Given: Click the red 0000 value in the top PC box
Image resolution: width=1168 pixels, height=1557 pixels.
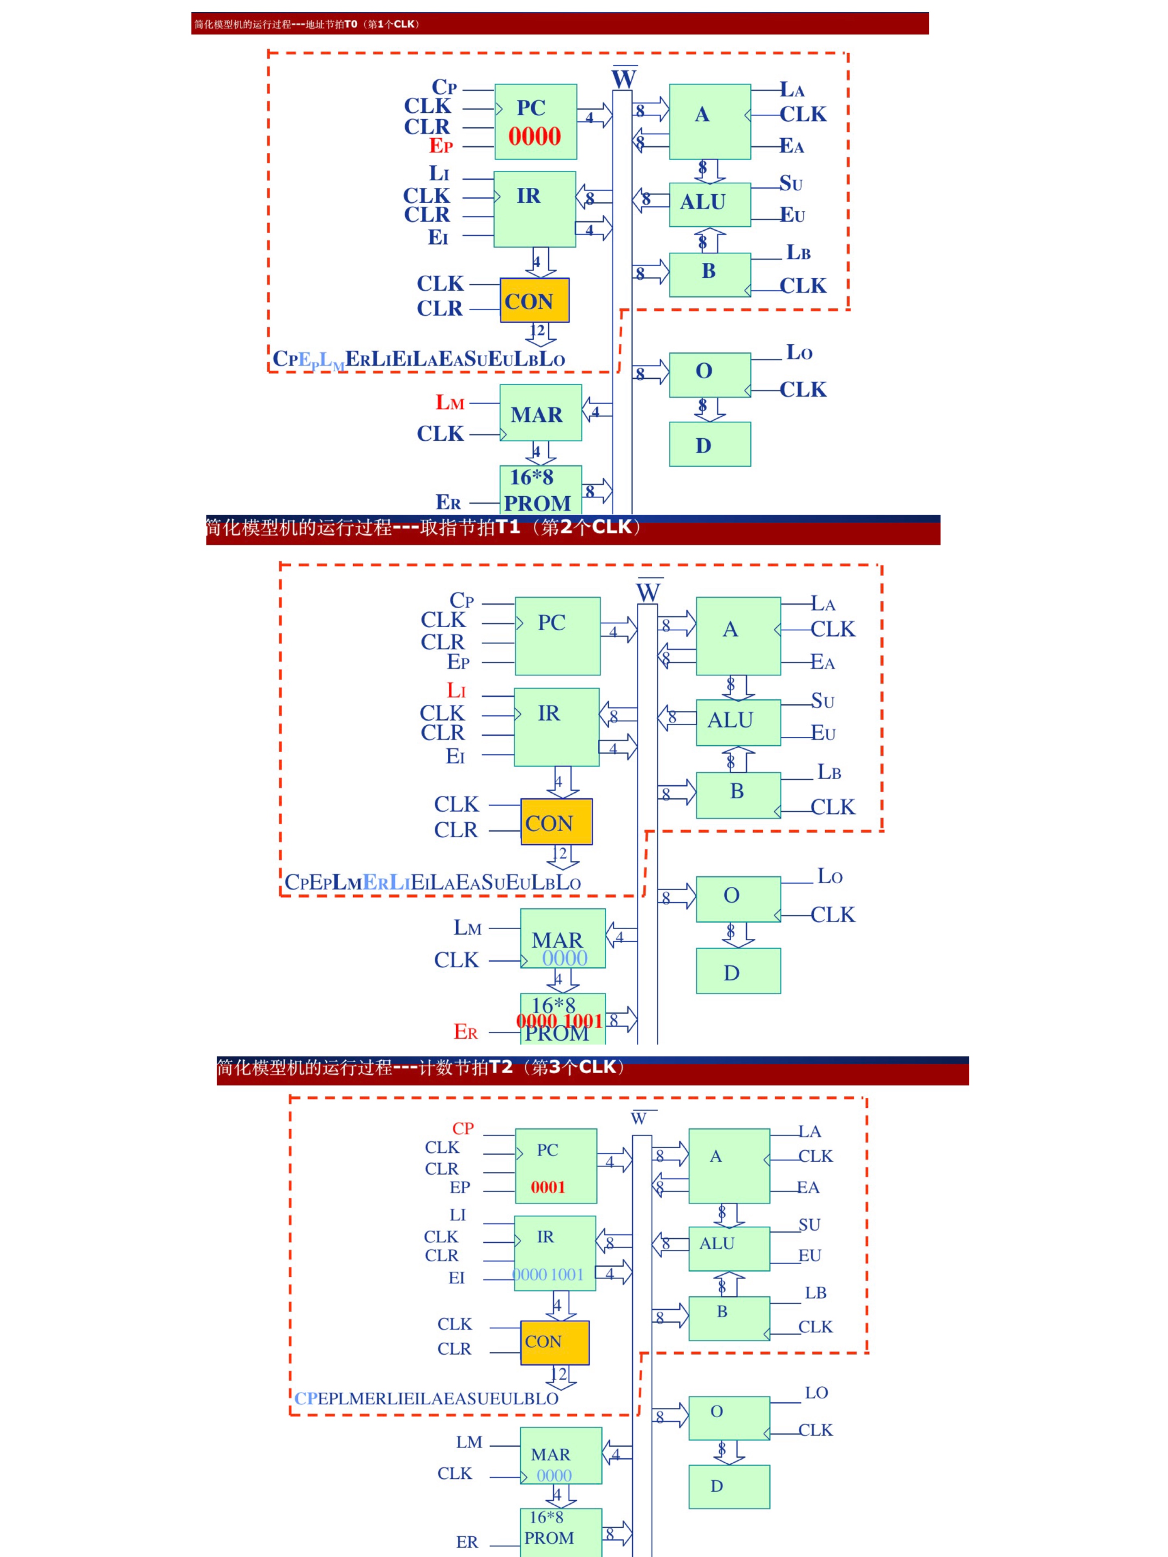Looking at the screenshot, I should tap(535, 137).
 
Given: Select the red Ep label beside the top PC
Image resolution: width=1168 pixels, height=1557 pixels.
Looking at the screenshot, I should tap(441, 146).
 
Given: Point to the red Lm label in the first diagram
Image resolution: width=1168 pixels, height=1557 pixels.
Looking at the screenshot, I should tap(449, 403).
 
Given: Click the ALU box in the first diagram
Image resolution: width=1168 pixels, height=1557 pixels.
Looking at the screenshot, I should tap(709, 204).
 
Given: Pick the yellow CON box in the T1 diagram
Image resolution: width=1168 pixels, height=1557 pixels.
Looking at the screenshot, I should tap(556, 822).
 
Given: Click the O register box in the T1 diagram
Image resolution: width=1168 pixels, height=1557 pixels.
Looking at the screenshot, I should tap(738, 898).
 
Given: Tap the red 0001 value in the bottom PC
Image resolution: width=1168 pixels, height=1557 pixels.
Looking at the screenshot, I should tap(548, 1188).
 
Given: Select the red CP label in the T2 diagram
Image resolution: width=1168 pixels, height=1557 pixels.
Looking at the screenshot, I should tap(463, 1128).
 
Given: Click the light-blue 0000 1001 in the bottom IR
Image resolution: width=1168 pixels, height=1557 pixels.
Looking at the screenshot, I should tap(548, 1275).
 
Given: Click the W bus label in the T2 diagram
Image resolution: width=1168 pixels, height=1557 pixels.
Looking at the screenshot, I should tap(639, 1118).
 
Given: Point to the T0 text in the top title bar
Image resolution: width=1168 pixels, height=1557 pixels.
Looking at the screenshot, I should tap(351, 24).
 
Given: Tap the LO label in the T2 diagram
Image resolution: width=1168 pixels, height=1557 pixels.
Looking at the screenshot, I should tap(816, 1392).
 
